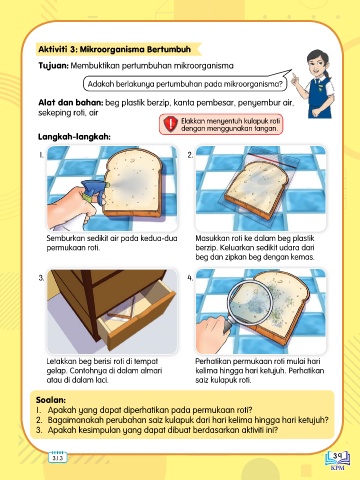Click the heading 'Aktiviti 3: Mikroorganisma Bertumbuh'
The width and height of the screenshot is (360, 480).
coord(114,49)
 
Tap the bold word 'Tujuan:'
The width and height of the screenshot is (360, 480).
coord(53,66)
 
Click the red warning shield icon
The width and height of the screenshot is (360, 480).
coord(170,124)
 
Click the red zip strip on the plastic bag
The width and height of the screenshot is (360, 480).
coord(273,160)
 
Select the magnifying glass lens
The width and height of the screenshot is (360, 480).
coord(252,301)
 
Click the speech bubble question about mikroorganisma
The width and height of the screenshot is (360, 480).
coord(185,84)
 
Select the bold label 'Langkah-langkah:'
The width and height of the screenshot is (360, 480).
coord(74,137)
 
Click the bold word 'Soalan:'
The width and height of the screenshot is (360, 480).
coord(51,400)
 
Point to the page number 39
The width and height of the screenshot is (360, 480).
coord(337,455)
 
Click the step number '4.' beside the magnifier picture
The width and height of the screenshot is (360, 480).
coord(190,278)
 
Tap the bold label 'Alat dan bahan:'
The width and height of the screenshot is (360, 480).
coord(71,103)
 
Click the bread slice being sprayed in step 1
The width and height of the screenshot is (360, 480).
coord(133,183)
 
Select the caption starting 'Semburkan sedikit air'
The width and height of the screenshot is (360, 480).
coord(112,243)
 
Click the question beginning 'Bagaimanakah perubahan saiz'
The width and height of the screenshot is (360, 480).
coord(188,420)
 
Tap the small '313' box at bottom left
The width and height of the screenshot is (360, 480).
coord(58,457)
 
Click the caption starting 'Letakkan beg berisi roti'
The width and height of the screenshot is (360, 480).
coord(104,370)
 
